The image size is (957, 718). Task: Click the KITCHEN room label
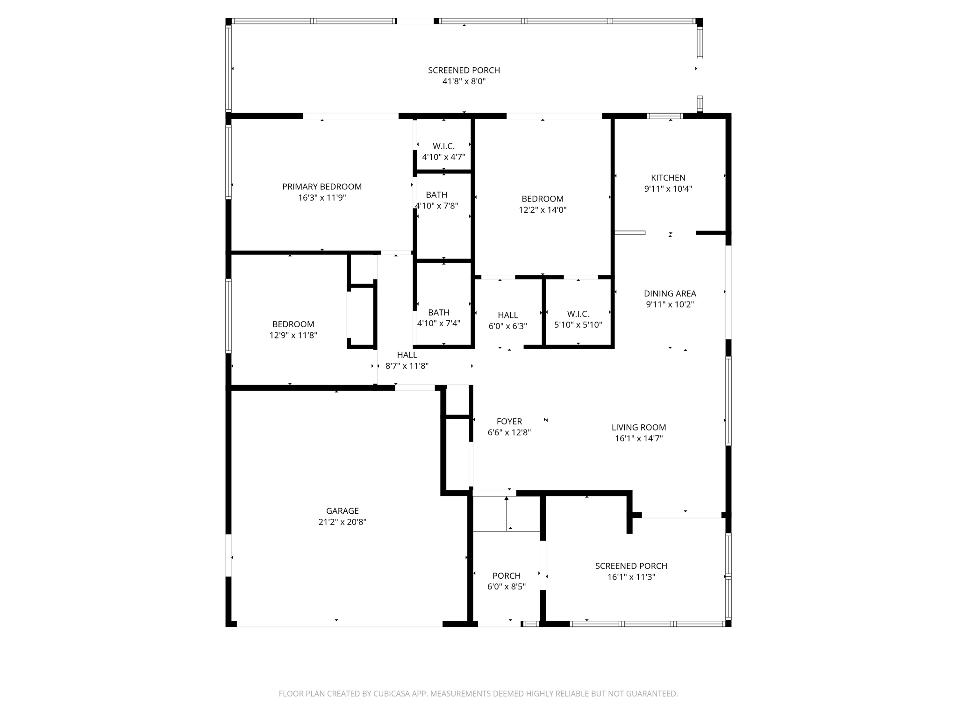pos(668,178)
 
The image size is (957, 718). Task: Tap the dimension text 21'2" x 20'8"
pos(342,522)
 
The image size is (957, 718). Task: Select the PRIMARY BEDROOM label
pos(321,187)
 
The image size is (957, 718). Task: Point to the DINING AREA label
pos(670,294)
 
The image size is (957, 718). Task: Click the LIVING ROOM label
pos(638,427)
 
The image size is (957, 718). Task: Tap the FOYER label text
pos(509,421)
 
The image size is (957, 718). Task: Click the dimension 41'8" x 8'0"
pos(464,81)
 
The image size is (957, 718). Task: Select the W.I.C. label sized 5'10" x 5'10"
pos(578,314)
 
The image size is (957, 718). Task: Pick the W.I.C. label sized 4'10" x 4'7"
pos(443,146)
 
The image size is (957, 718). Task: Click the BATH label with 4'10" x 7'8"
pos(436,194)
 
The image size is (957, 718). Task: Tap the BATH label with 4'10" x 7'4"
pos(438,312)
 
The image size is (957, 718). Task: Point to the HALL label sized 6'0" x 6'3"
pos(507,315)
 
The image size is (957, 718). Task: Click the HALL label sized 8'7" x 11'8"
pos(407,355)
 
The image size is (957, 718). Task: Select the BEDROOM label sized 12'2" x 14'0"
pos(542,199)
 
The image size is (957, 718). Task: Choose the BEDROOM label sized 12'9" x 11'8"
pos(293,324)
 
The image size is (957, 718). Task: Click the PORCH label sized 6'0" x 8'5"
pos(506,575)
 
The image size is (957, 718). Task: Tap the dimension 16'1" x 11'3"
pos(631,577)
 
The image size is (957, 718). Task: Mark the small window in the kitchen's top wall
pos(664,116)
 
